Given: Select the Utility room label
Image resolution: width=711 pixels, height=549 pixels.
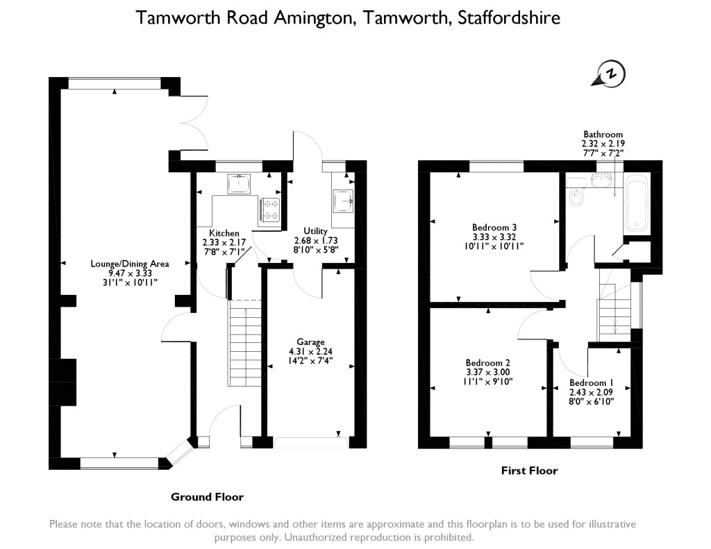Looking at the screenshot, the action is click(x=315, y=230).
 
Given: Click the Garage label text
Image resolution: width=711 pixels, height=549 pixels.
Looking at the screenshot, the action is click(x=310, y=342).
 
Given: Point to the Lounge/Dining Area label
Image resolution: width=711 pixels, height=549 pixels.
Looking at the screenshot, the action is click(x=124, y=264).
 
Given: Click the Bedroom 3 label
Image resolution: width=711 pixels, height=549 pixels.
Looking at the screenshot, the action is click(x=494, y=227).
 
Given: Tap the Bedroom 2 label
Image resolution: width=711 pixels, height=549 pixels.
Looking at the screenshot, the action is click(x=488, y=363).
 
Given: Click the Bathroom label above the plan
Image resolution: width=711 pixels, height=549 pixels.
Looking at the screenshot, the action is click(x=603, y=135).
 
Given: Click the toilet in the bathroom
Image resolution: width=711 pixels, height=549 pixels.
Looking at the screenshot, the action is click(x=575, y=199).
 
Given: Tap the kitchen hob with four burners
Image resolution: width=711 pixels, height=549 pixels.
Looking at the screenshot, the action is click(x=269, y=210).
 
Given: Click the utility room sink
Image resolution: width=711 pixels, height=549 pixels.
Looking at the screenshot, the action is click(x=344, y=201).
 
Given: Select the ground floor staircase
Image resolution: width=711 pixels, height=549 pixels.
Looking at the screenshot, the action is click(x=244, y=343).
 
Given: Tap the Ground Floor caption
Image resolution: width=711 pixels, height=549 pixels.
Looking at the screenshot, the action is click(x=207, y=497).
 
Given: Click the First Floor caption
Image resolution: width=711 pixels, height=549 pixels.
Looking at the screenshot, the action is click(x=529, y=471).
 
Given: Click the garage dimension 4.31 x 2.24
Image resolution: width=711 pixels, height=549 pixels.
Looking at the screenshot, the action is click(x=310, y=351).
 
